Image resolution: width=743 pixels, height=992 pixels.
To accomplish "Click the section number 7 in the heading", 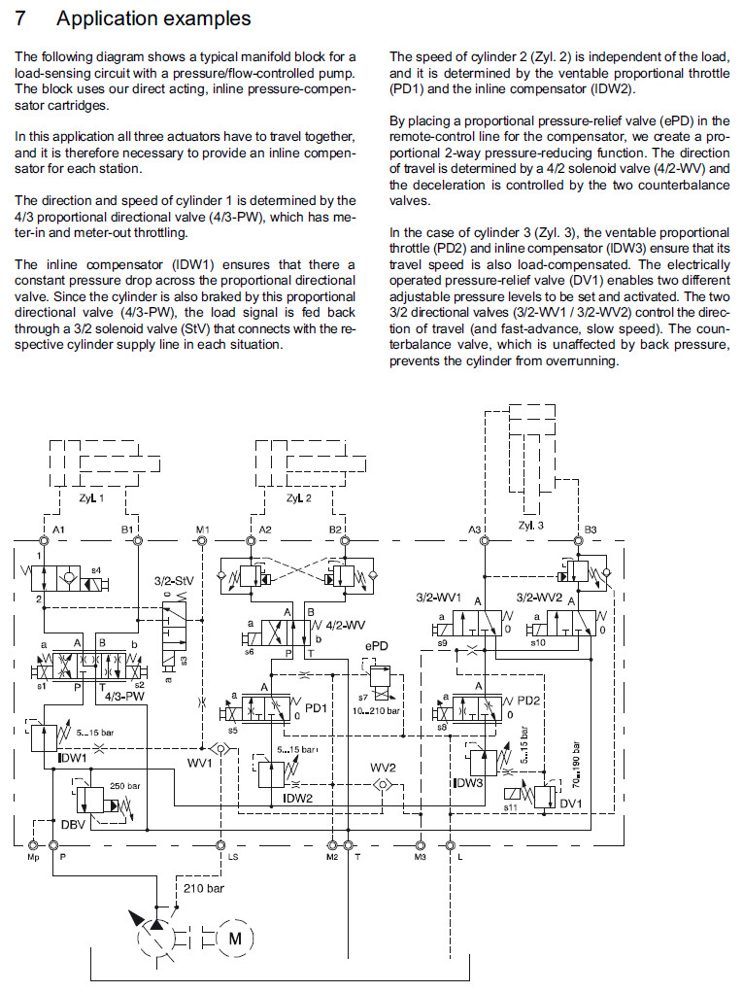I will [x=21, y=17].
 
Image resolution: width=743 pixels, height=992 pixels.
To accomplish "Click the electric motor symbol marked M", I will [x=234, y=939].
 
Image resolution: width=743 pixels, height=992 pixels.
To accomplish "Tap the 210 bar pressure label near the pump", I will [x=203, y=888].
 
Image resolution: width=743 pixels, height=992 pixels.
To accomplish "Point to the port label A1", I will [x=59, y=530].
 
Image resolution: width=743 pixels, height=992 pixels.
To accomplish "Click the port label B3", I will [x=591, y=530].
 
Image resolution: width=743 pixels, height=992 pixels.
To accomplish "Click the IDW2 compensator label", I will [x=296, y=798].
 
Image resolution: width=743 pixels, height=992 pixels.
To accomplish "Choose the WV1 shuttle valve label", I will [x=199, y=764].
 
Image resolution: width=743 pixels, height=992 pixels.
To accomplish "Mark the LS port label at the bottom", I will [x=233, y=858].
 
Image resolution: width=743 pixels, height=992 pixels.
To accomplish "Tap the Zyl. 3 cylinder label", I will [x=532, y=526].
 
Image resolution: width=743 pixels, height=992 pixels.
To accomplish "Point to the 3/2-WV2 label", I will [x=538, y=597].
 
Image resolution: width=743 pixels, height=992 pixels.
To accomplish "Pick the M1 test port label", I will [x=203, y=530].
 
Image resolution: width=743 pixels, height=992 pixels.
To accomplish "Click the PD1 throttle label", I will [x=316, y=707].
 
